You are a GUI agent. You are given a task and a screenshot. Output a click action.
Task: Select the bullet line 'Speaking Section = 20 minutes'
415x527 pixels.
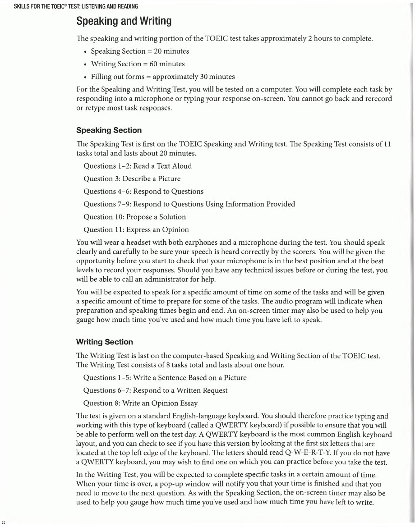pyautogui.click(x=140, y=51)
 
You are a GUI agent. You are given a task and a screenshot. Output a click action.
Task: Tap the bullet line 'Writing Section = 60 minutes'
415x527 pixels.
pyautogui.click(x=138, y=64)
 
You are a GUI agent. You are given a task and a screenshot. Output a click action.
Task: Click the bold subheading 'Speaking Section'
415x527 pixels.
pyautogui.click(x=109, y=130)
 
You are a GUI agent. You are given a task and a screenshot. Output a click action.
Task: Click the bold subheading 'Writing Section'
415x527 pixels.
pyautogui.click(x=105, y=342)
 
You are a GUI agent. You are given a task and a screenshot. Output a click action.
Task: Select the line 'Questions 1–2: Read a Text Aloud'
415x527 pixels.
pyautogui.click(x=138, y=166)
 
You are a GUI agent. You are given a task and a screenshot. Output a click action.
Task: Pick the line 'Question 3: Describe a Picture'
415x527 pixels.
pyautogui.click(x=132, y=179)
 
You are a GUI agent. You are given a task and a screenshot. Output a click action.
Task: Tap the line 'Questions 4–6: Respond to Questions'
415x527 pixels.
pyautogui.click(x=143, y=191)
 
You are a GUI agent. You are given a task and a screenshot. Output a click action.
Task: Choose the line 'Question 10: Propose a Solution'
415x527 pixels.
pyautogui.click(x=135, y=217)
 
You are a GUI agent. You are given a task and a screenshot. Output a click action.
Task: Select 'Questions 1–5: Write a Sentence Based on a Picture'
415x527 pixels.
pyautogui.click(x=165, y=377)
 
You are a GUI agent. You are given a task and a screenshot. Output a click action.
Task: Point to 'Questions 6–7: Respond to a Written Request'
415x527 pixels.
pyautogui.click(x=156, y=390)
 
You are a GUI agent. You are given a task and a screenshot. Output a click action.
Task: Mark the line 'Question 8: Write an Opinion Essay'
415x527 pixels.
pyautogui.click(x=141, y=403)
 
